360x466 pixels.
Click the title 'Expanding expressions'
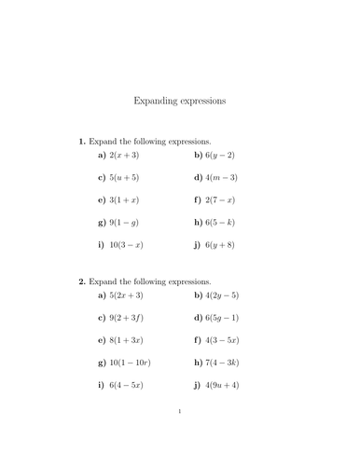coord(180,100)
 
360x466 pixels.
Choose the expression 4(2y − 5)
coord(226,295)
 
